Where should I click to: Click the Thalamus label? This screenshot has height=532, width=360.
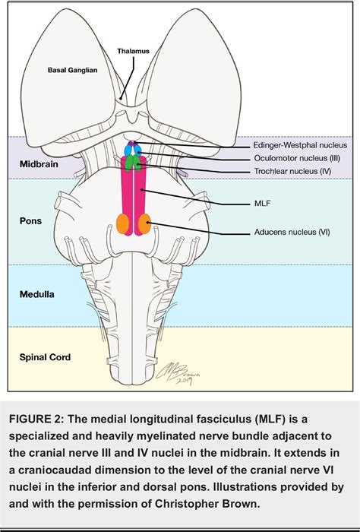(x=131, y=52)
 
